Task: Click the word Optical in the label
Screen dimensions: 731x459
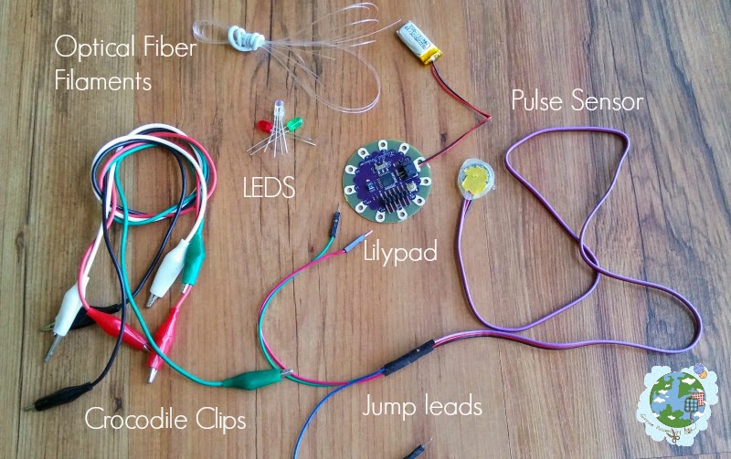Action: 87,46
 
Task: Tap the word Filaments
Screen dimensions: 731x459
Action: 101,81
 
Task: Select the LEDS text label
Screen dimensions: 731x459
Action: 270,187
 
